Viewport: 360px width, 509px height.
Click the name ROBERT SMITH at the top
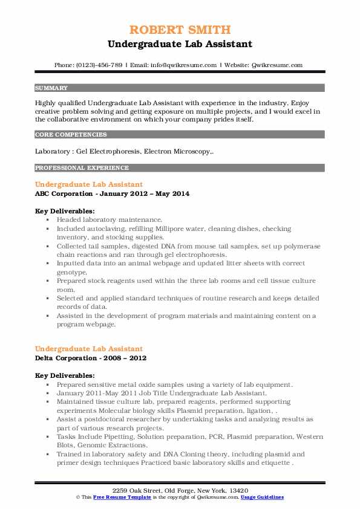coord(180,30)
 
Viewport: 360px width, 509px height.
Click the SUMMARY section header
coord(51,88)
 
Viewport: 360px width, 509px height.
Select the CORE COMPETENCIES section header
coord(71,135)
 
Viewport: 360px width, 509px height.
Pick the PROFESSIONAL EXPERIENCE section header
coord(82,167)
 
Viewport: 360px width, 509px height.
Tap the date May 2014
coord(174,193)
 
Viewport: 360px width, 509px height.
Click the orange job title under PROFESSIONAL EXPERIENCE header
coord(89,184)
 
